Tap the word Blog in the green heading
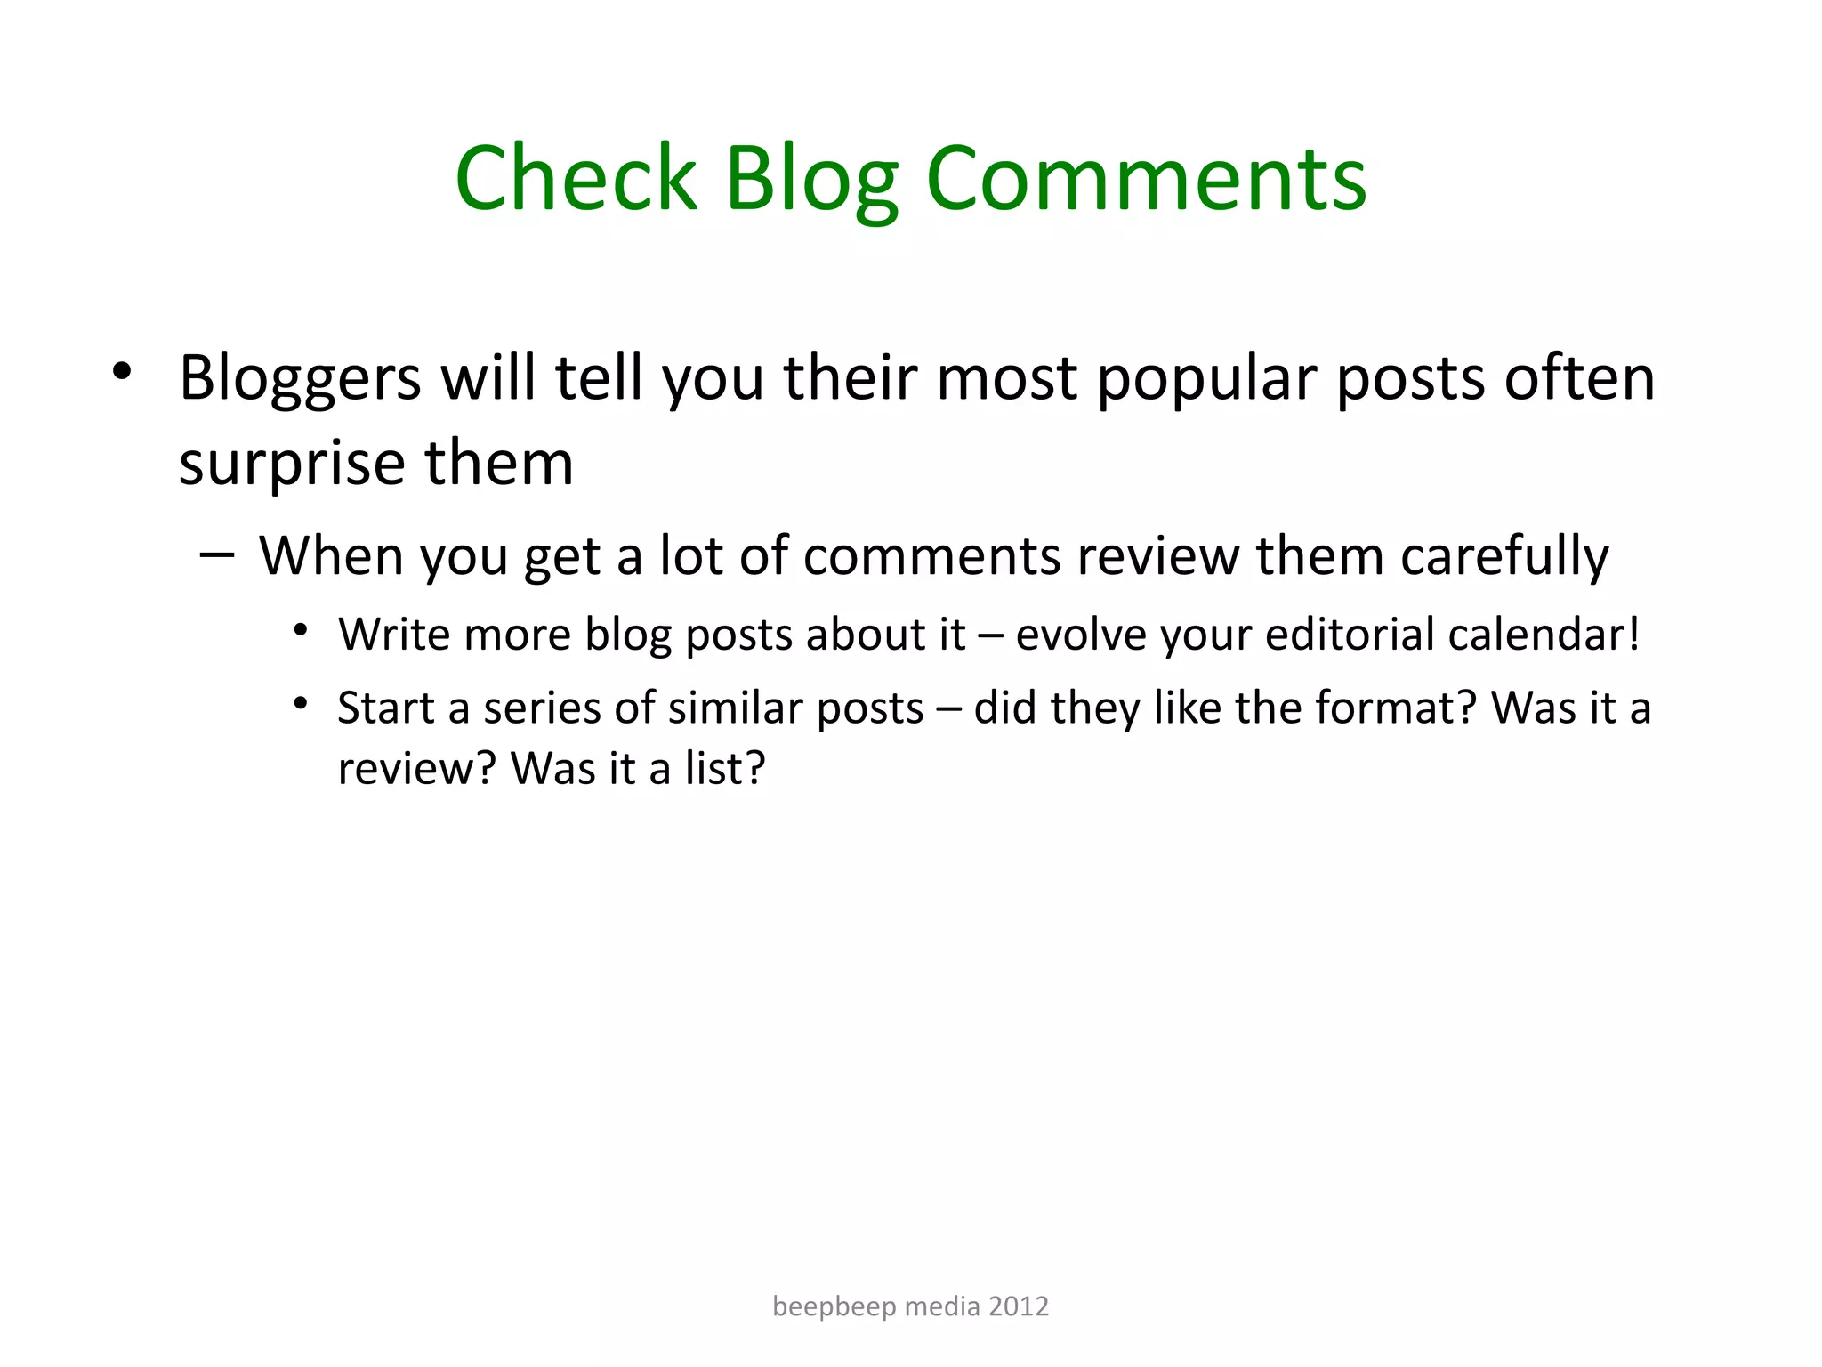pos(810,180)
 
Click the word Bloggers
pos(300,379)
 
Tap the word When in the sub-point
pos(331,555)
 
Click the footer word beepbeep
pos(834,1306)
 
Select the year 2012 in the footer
pos(1019,1306)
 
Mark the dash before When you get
pos(216,555)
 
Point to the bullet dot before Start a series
pos(301,705)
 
